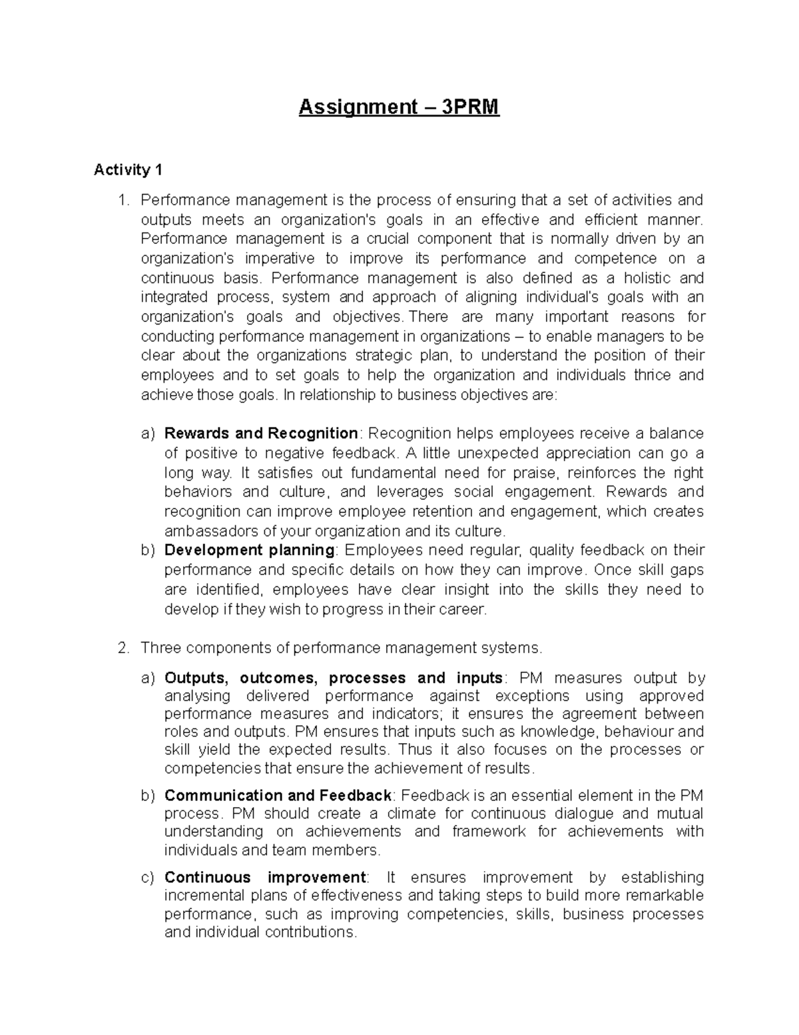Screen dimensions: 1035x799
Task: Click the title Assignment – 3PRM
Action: coord(398,107)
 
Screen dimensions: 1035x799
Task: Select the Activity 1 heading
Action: coord(128,170)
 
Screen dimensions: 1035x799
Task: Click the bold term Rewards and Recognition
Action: coord(261,434)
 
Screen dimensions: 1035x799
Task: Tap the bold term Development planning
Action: coord(250,550)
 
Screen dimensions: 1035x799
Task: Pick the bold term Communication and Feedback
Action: coord(278,796)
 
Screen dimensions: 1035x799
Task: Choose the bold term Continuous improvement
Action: coord(265,878)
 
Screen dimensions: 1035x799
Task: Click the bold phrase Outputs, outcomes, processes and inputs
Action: coord(333,678)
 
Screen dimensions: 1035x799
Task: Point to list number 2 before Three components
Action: coord(123,648)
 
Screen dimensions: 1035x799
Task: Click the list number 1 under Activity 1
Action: coord(123,200)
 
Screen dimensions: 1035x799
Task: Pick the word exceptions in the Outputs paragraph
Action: coord(536,696)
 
